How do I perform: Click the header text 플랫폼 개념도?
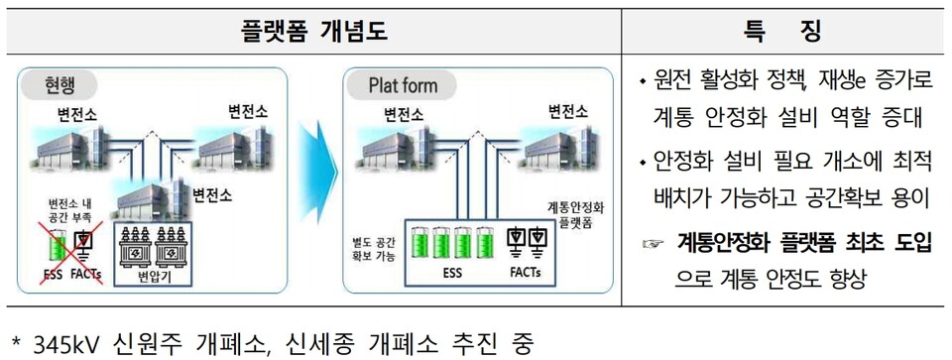[313, 33]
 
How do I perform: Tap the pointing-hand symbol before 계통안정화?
[654, 240]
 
